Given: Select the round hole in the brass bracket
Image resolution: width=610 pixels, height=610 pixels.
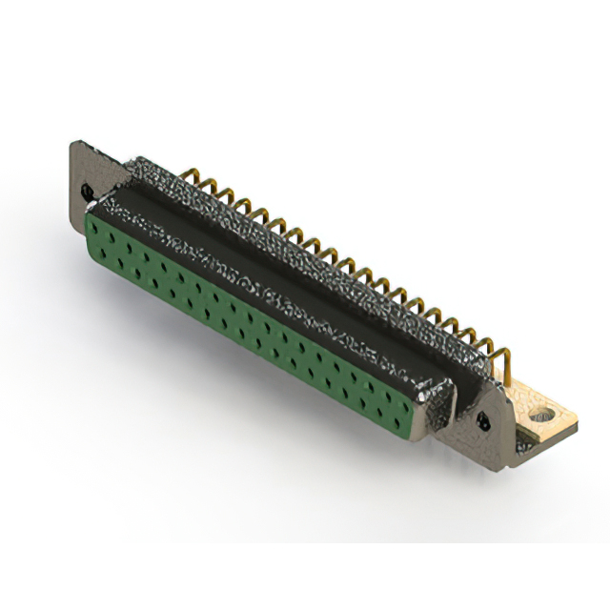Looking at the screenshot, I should (x=545, y=416).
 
